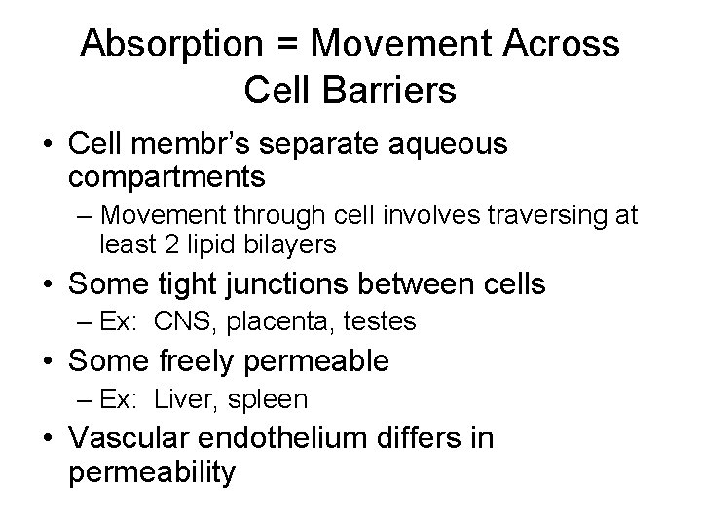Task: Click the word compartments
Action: click(166, 176)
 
